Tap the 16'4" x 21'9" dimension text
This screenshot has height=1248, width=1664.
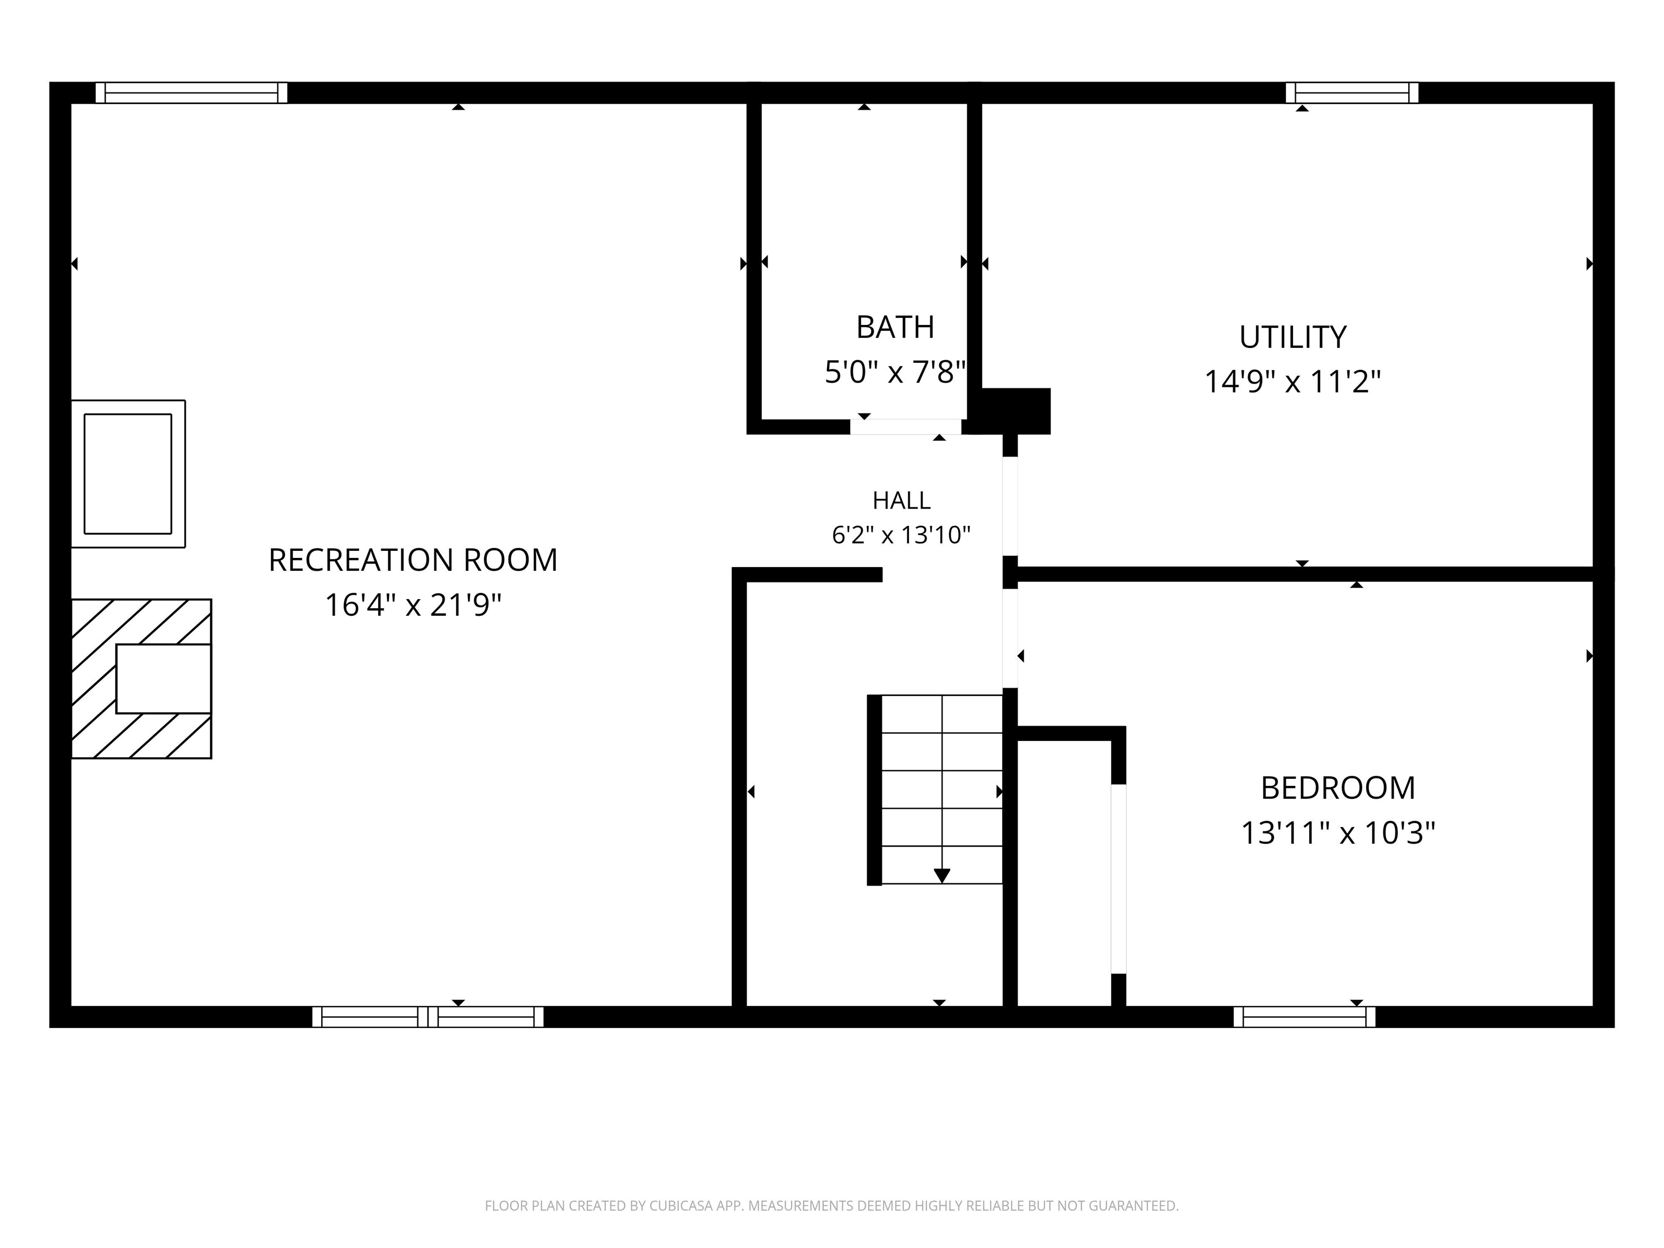click(x=413, y=605)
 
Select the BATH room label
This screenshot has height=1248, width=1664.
click(x=895, y=327)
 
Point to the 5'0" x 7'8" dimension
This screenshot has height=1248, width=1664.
click(x=895, y=372)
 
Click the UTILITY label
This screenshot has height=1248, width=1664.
click(x=1293, y=337)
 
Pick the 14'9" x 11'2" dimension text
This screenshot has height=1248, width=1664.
click(x=1293, y=381)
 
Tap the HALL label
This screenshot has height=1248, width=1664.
click(x=901, y=500)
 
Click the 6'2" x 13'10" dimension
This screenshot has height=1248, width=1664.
click(x=901, y=535)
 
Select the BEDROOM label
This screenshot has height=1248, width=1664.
click(x=1338, y=788)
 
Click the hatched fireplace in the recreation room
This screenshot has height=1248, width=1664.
click(x=141, y=679)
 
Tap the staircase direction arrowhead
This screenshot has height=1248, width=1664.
click(x=942, y=876)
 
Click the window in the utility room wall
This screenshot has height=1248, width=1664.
click(x=1352, y=93)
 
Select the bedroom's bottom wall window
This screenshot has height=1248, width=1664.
click(x=1304, y=1017)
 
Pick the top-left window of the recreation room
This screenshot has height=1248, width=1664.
click(x=192, y=93)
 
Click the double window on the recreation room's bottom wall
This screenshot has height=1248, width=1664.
click(x=428, y=1017)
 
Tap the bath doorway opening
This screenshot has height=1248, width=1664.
click(x=906, y=426)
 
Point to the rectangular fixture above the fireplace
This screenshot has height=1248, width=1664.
click(x=128, y=474)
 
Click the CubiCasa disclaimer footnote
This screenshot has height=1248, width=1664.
click(x=831, y=1206)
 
